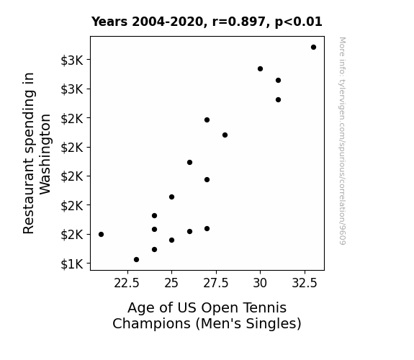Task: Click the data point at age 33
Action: [313, 48]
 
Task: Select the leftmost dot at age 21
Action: [101, 234]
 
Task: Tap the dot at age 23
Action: [137, 260]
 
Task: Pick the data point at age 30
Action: [261, 68]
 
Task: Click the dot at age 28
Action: [225, 135]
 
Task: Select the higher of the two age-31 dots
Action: [279, 81]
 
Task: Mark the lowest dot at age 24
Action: [155, 250]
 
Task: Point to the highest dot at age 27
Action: [207, 120]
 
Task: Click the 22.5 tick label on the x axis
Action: [127, 283]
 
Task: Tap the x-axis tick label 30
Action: [260, 283]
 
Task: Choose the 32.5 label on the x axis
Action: [305, 283]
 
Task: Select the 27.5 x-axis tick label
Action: [216, 283]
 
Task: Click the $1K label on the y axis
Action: [72, 264]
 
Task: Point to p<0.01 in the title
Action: [299, 22]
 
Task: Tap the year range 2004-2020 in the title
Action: [169, 22]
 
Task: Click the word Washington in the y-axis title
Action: [45, 154]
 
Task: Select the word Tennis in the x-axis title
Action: [264, 307]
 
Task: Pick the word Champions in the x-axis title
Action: [151, 324]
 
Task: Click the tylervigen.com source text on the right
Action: [342, 141]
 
